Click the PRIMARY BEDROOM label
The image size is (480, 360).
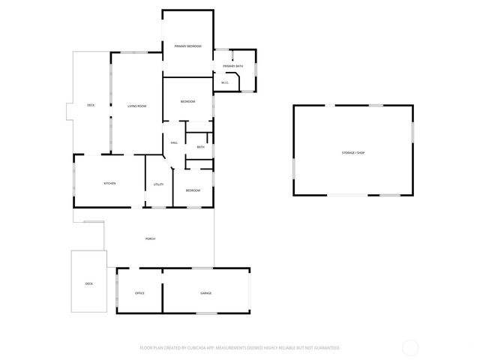click(188, 46)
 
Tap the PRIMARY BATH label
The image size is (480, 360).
click(232, 67)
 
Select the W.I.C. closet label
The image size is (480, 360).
click(224, 82)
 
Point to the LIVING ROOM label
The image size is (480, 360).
click(136, 106)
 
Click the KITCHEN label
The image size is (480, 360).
click(109, 184)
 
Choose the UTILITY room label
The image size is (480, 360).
click(158, 184)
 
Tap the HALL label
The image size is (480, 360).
click(174, 142)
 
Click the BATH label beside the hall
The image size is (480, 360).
click(200, 147)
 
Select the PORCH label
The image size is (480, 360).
click(150, 238)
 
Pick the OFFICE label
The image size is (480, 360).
click(139, 292)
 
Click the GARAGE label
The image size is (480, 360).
click(205, 292)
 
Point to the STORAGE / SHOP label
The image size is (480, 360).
click(352, 153)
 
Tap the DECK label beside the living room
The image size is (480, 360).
click(91, 105)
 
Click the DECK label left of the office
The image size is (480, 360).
click(88, 283)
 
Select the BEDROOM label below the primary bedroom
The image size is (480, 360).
click(187, 102)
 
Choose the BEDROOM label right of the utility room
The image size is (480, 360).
click(193, 190)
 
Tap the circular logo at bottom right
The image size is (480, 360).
click(409, 347)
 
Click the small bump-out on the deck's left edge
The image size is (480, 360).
click(69, 111)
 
